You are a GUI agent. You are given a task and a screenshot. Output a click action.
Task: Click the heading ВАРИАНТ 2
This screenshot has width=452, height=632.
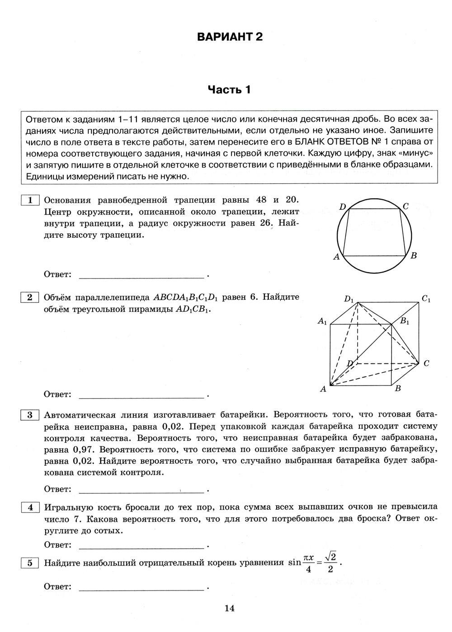(230, 37)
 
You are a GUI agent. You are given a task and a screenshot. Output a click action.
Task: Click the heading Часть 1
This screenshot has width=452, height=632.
(229, 90)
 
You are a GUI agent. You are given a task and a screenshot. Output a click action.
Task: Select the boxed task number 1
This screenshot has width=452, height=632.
(30, 200)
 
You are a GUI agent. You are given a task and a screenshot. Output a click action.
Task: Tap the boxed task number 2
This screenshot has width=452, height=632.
(30, 297)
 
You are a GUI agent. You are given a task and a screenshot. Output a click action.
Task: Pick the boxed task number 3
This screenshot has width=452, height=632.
(30, 415)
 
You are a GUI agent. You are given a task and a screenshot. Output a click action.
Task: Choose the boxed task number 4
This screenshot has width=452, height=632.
(30, 507)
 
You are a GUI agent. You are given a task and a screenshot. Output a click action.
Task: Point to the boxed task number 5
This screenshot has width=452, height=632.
(30, 562)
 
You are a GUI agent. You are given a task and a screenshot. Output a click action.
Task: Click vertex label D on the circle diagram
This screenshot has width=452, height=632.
(343, 207)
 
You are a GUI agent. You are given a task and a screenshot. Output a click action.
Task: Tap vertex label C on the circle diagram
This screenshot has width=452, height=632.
(405, 206)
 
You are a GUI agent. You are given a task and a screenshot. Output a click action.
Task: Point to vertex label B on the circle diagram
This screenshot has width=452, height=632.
(413, 256)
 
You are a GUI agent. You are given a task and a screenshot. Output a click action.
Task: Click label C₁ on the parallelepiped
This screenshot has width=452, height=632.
(426, 298)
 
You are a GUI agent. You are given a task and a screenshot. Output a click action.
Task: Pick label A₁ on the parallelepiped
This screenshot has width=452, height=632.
(322, 321)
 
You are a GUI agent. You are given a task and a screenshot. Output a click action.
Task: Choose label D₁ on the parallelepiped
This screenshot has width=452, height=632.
(349, 298)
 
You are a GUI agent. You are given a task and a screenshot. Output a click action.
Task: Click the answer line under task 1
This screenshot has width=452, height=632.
(141, 275)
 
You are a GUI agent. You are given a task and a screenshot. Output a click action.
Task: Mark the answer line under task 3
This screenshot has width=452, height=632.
(141, 489)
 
